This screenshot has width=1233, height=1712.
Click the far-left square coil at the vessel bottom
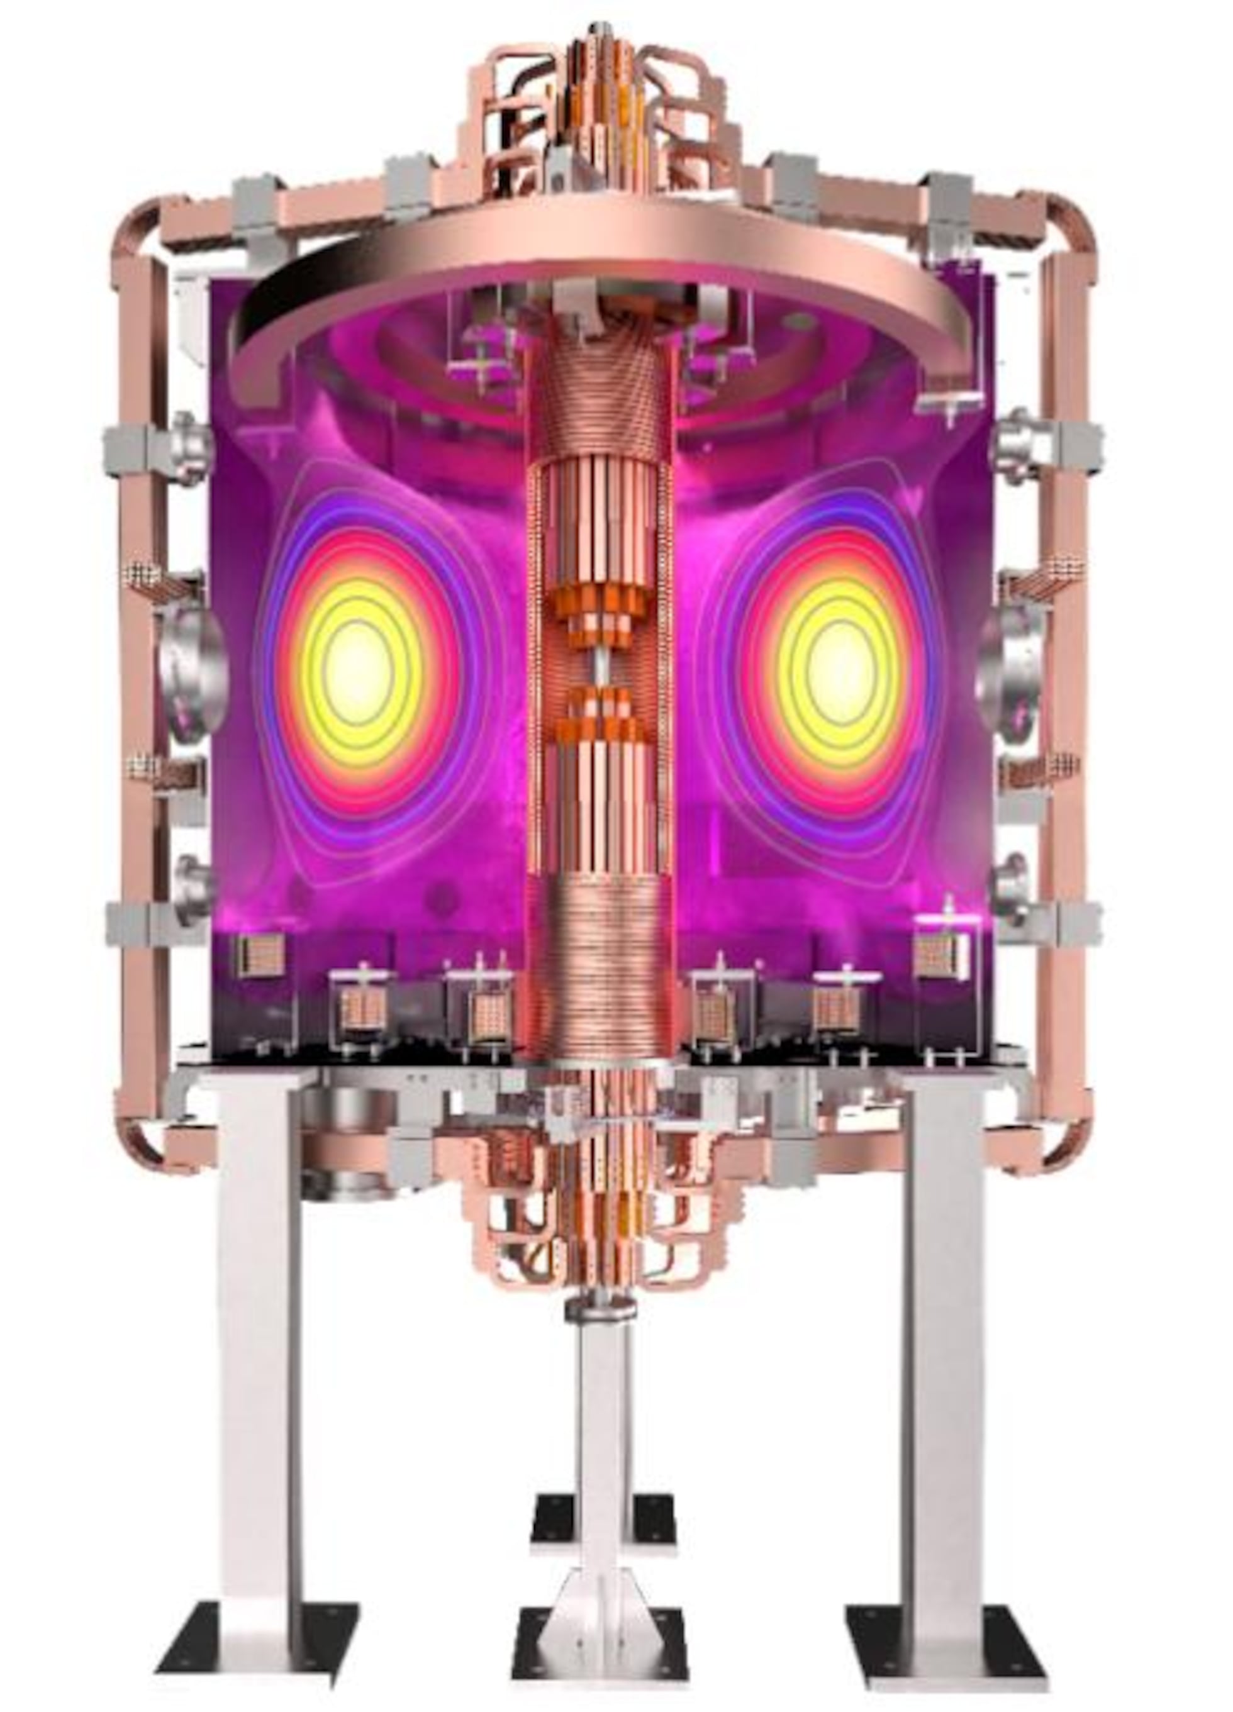pyautogui.click(x=261, y=954)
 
